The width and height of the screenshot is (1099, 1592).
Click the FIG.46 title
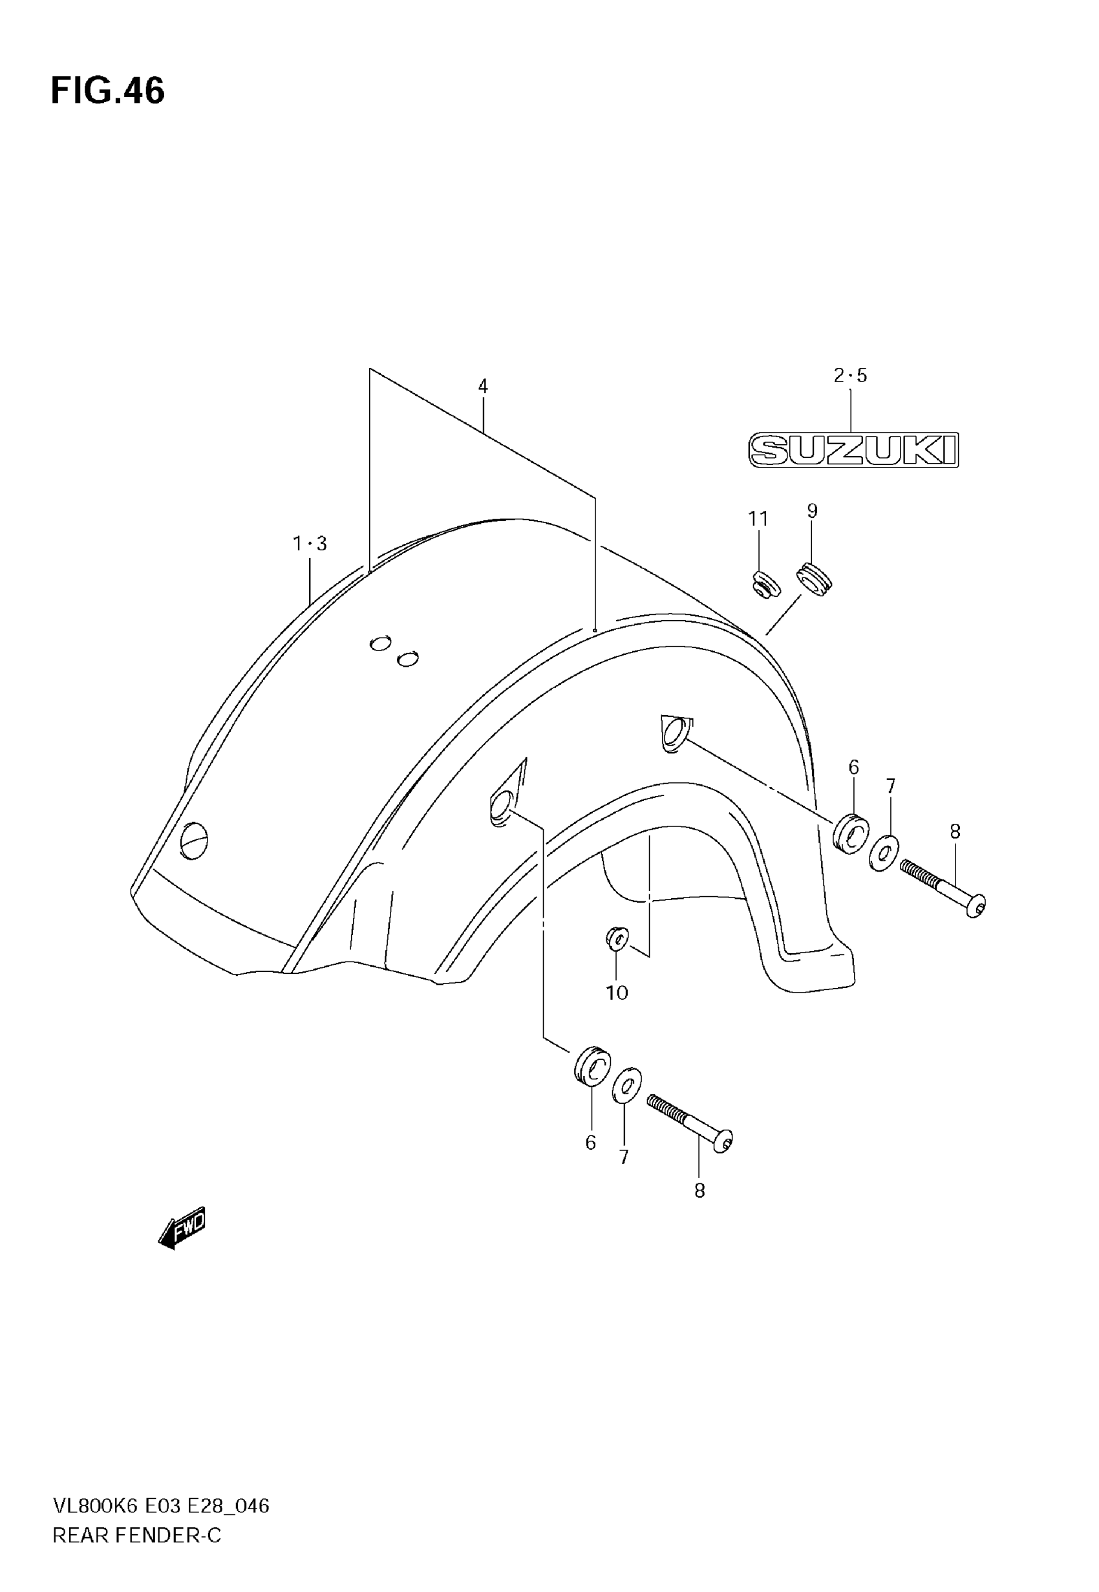108,91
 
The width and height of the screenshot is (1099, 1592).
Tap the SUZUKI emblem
853,450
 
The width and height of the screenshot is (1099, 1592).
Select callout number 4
483,386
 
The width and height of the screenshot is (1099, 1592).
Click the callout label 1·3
309,544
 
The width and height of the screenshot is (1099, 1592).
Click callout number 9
812,511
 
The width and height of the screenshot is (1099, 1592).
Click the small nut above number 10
616,937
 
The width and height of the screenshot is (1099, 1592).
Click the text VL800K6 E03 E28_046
161,1506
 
